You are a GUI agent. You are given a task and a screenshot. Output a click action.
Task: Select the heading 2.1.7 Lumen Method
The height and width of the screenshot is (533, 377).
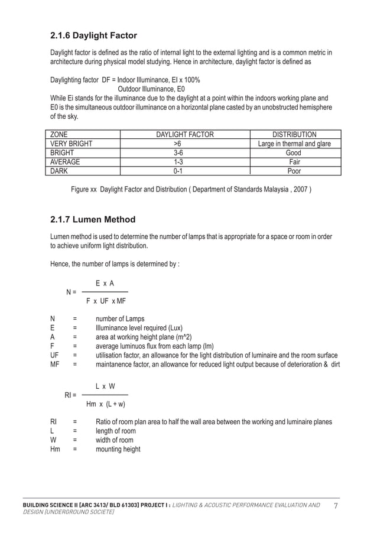(x=93, y=220)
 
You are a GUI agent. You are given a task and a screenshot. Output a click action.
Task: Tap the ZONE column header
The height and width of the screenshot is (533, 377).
(x=58, y=135)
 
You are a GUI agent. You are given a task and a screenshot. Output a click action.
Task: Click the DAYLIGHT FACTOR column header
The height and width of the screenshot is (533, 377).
(x=184, y=135)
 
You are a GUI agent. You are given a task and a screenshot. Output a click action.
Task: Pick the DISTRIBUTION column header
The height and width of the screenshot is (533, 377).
(x=294, y=135)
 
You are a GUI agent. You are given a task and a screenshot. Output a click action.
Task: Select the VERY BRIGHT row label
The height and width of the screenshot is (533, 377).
(x=71, y=144)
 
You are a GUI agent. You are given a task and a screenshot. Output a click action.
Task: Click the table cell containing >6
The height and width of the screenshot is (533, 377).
(x=184, y=144)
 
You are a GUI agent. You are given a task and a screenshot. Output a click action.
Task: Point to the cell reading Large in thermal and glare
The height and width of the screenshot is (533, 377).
(x=294, y=144)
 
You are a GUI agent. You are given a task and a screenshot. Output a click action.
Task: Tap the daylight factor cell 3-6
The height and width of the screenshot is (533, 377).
(x=184, y=152)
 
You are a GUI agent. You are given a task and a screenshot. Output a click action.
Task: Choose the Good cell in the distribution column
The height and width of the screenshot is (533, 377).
(x=294, y=152)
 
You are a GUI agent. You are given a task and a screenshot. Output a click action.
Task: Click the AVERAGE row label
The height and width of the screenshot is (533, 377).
(x=65, y=161)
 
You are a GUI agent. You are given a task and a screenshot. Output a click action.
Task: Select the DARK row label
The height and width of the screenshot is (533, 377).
(x=59, y=171)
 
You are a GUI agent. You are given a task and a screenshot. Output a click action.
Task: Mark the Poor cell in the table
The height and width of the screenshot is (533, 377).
(x=294, y=171)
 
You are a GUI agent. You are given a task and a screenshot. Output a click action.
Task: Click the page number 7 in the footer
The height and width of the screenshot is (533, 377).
(x=336, y=506)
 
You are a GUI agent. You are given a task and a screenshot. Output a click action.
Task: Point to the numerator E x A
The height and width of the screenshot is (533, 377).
(x=105, y=284)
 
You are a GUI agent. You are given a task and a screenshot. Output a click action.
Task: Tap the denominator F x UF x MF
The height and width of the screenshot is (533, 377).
(x=106, y=301)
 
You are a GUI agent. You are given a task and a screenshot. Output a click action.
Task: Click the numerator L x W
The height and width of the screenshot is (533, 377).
(x=105, y=386)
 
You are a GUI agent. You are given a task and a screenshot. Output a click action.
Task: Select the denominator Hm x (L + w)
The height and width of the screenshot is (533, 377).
(x=106, y=404)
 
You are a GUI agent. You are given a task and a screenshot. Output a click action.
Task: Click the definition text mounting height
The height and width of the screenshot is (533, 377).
(x=118, y=449)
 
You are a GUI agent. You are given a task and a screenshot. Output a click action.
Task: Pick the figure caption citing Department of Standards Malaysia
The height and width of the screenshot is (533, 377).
(x=191, y=190)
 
